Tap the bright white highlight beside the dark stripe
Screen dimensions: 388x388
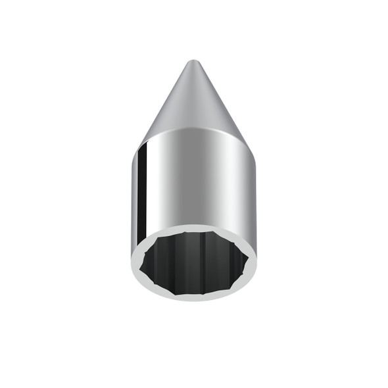[153, 191]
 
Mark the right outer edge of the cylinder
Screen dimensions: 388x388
[255, 197]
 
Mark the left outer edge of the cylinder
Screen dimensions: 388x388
[132, 197]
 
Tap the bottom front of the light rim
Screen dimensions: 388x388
[194, 295]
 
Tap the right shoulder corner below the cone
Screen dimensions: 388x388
[249, 149]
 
